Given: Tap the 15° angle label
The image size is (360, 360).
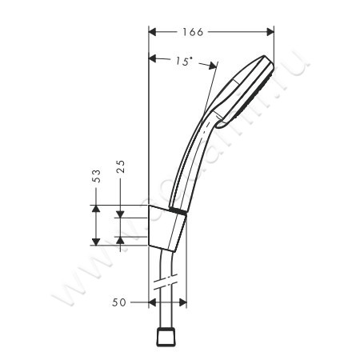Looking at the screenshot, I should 184,62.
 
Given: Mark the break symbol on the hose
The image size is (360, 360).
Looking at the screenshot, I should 168,283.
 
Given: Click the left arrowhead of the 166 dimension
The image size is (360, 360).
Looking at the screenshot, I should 154,32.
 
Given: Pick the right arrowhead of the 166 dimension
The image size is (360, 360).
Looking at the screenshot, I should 270,32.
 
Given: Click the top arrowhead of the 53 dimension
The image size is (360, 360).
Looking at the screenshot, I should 96,209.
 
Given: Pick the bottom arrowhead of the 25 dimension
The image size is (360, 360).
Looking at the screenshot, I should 120,238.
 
